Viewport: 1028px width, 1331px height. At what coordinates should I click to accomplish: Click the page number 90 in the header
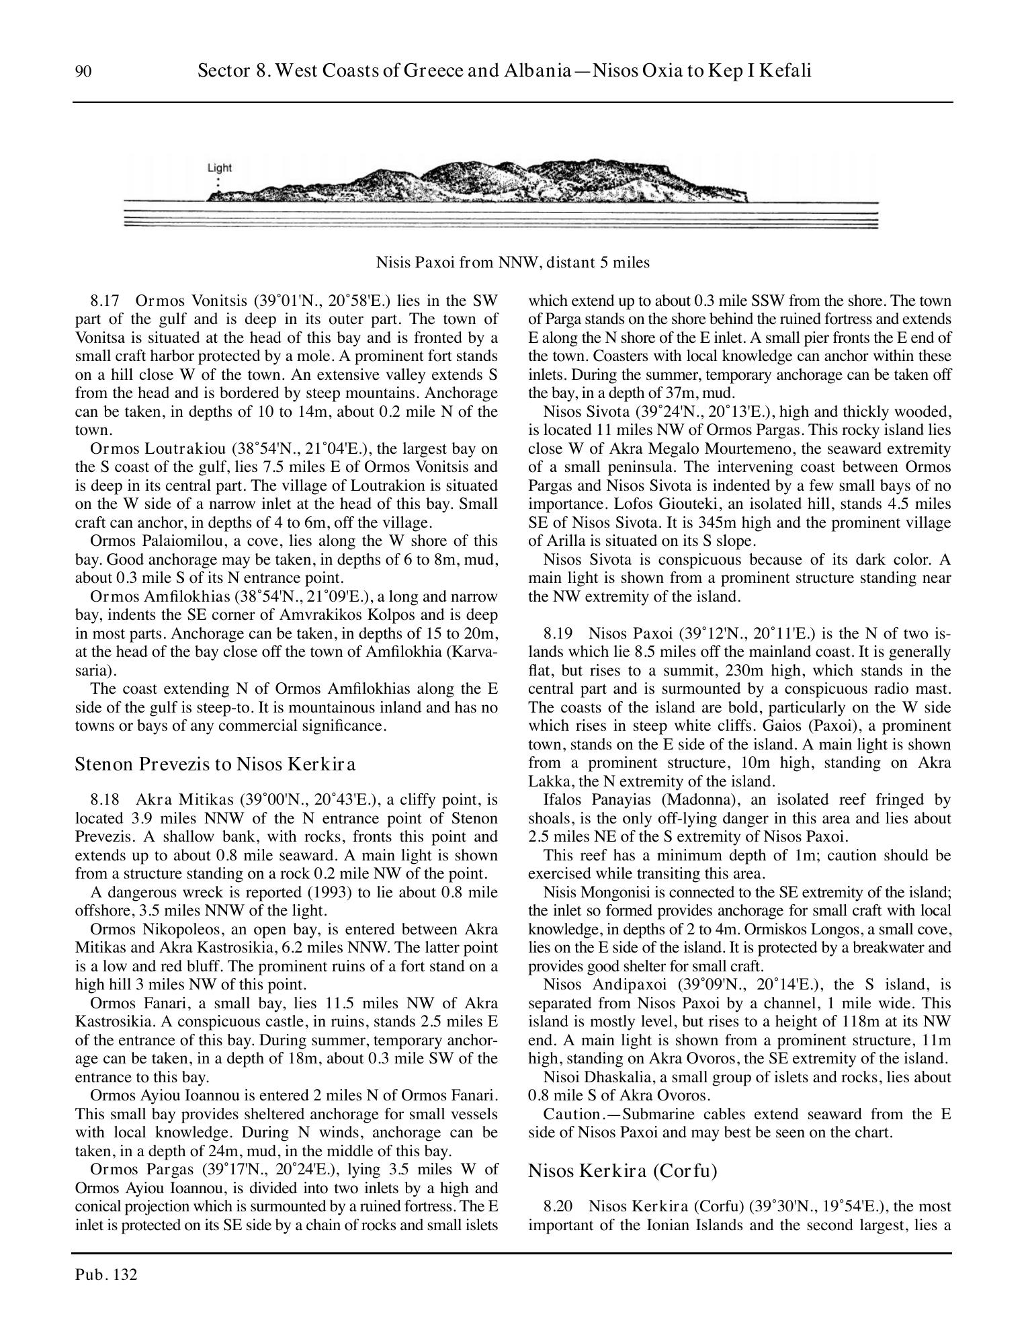pos(83,71)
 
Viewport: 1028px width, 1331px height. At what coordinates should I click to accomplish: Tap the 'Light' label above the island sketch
pos(219,168)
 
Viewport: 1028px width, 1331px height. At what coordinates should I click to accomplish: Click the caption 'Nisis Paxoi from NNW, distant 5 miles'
pos(513,262)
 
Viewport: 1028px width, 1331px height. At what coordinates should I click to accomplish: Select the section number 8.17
pos(105,300)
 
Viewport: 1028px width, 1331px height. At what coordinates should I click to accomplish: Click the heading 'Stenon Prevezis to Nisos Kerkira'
pos(215,764)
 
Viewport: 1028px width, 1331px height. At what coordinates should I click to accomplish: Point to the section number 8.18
pos(105,800)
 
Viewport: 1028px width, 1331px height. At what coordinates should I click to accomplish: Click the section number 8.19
pos(558,633)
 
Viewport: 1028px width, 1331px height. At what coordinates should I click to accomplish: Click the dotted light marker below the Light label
pos(217,184)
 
